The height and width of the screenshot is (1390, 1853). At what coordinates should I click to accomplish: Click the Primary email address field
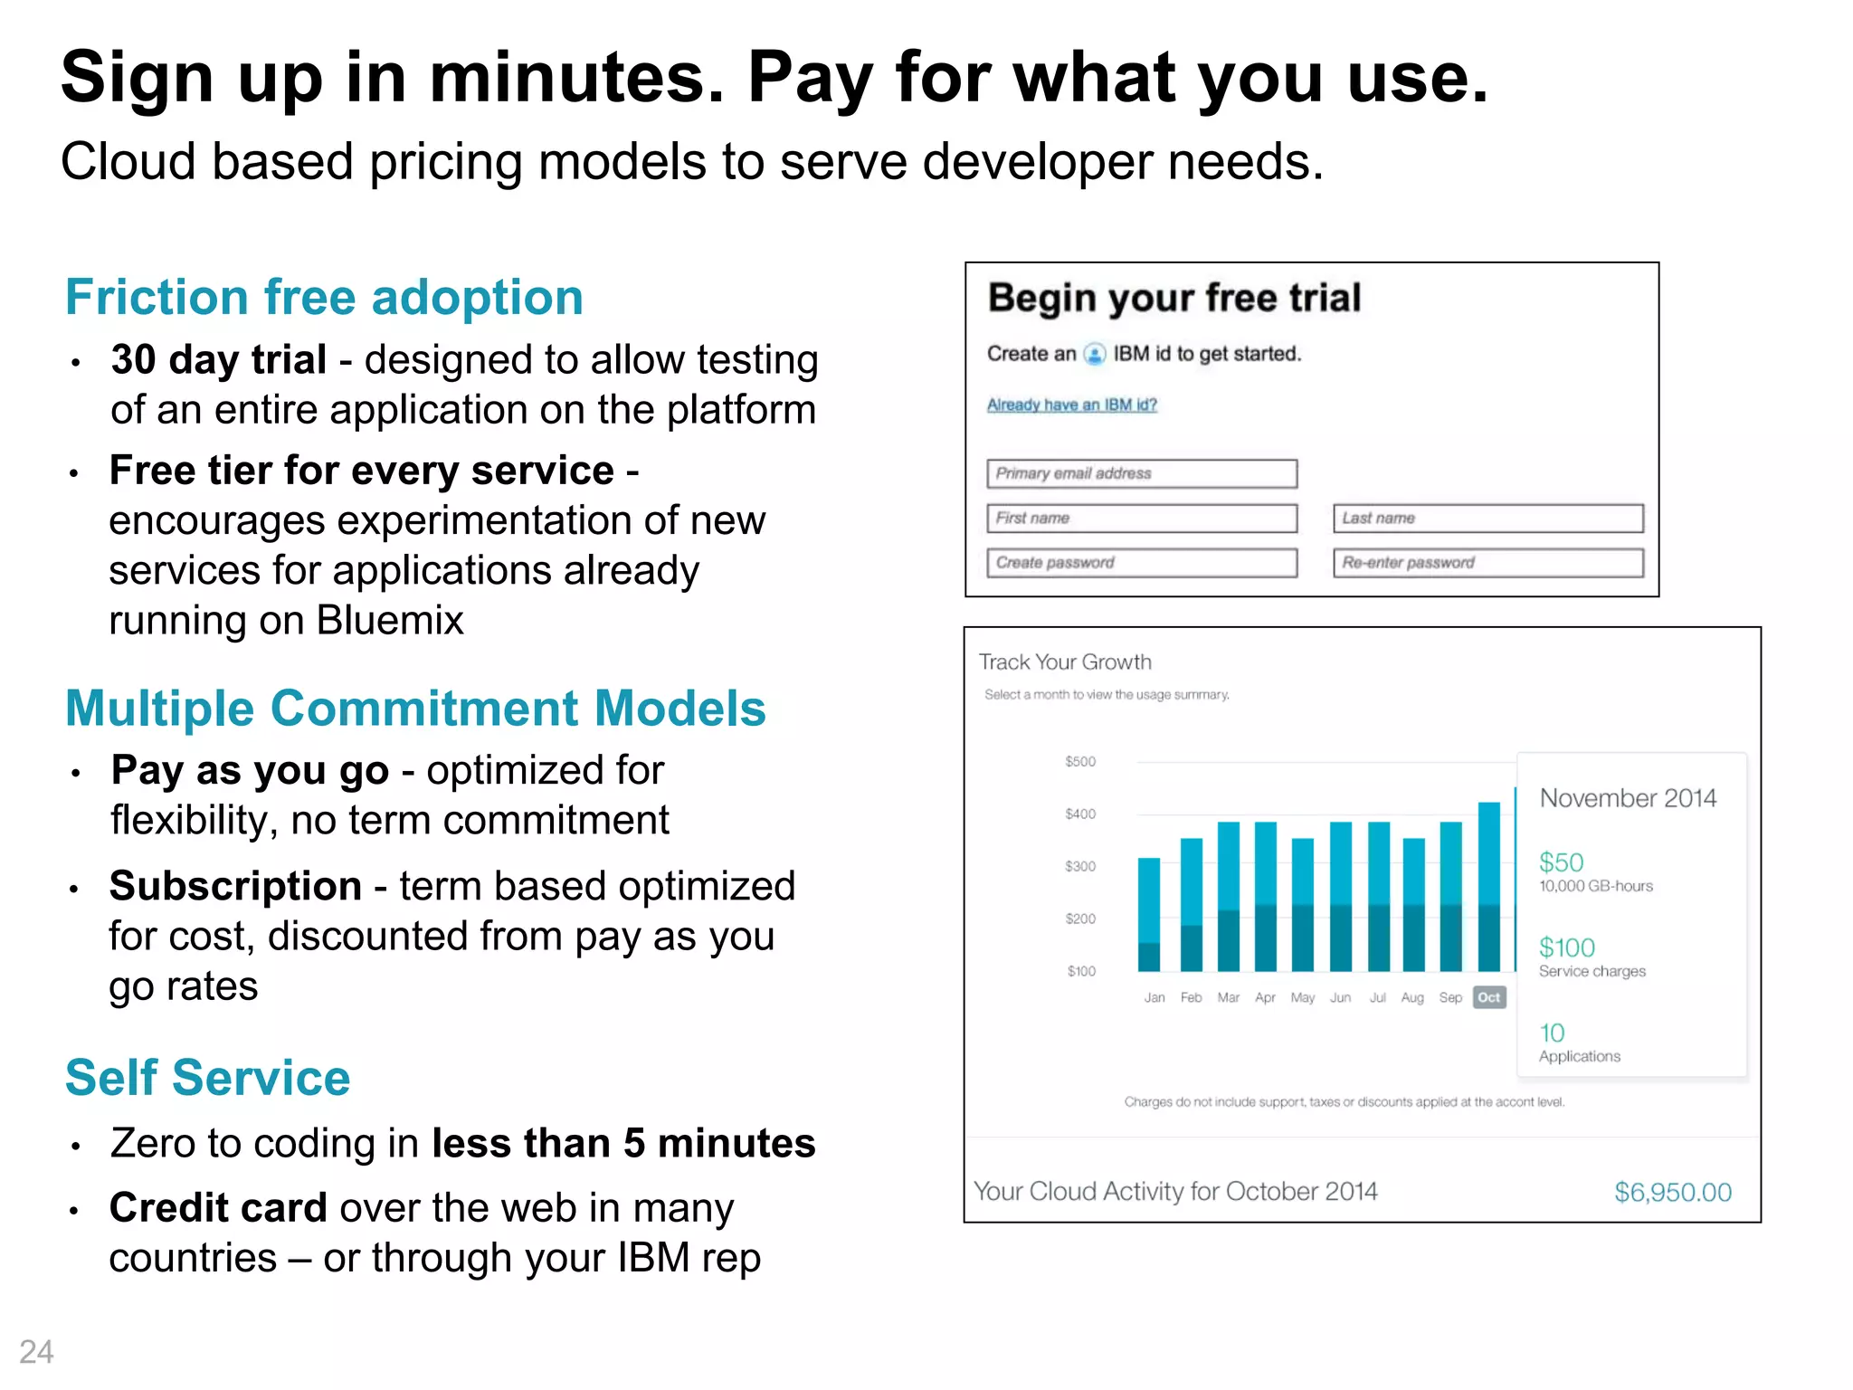point(1141,473)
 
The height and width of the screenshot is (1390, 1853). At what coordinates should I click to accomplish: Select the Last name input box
point(1487,518)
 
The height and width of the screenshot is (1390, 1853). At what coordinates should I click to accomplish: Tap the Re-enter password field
point(1487,562)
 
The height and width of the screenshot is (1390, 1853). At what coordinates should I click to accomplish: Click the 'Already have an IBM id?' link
point(1071,405)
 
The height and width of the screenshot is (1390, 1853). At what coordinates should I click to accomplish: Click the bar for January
point(1149,914)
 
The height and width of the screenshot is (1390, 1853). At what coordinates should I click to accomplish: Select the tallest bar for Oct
point(1488,887)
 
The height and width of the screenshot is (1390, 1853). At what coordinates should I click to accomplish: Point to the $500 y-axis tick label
point(1080,761)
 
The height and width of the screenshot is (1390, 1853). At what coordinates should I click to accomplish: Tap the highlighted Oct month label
point(1488,997)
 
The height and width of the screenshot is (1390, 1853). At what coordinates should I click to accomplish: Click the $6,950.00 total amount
point(1672,1192)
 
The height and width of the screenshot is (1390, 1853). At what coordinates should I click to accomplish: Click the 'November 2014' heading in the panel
point(1627,798)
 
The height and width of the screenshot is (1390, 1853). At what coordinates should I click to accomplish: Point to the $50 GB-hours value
point(1561,862)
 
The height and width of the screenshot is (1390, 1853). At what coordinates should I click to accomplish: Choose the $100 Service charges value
point(1566,947)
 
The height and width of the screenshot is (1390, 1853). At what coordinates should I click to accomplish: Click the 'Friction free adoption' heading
point(324,297)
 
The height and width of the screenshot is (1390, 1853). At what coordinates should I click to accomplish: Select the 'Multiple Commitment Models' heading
point(415,708)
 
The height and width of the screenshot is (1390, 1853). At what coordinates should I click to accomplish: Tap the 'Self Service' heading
point(207,1077)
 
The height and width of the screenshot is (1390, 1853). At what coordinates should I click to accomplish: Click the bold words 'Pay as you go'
point(250,770)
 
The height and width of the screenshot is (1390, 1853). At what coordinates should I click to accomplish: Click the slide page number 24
point(36,1352)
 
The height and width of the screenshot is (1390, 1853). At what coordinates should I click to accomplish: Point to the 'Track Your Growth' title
point(1065,662)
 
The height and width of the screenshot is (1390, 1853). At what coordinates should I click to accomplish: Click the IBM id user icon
point(1095,354)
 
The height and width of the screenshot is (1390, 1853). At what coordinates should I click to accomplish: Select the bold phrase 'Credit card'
point(218,1208)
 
